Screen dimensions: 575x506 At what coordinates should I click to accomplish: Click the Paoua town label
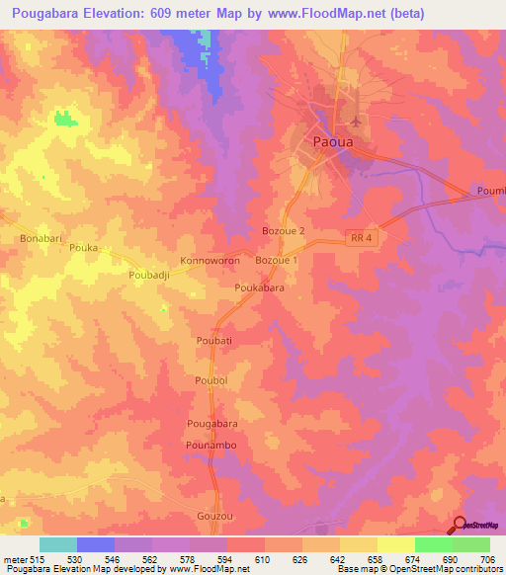(x=330, y=141)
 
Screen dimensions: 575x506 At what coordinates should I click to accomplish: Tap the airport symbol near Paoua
(x=355, y=122)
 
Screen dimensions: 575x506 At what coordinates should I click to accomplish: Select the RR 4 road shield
(x=363, y=236)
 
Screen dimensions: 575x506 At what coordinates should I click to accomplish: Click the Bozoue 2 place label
(x=284, y=230)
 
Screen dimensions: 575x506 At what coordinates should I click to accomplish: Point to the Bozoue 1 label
(x=276, y=260)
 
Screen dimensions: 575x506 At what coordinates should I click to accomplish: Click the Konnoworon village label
(x=210, y=262)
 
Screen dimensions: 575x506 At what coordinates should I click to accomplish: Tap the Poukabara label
(x=259, y=287)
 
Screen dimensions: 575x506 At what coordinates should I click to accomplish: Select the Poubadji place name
(x=151, y=277)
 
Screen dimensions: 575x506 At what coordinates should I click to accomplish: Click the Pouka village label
(x=84, y=248)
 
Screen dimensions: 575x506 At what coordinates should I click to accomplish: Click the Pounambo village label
(x=210, y=447)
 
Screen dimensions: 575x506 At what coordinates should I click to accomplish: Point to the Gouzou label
(x=213, y=517)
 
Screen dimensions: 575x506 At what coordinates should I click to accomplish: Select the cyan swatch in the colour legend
(x=58, y=544)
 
